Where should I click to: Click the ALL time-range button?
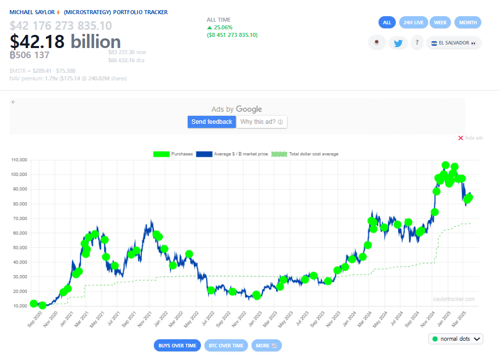coord(387,22)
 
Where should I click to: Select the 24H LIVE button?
coord(413,22)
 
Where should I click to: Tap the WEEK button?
coord(440,22)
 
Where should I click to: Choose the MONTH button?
coord(468,22)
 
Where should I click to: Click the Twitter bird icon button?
coord(398,43)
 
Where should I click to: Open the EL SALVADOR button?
coord(453,43)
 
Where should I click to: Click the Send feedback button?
coord(212,122)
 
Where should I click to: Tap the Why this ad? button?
coord(262,122)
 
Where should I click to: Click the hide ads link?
coord(470,138)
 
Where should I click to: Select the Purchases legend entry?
coord(173,154)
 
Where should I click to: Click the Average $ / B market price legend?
coord(232,154)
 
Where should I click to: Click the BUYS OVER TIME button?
coord(177,345)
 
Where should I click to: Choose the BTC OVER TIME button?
coord(226,345)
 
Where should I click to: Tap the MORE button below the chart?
coord(266,345)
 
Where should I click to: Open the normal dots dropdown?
coord(455,339)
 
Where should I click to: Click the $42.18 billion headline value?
coord(65,41)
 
